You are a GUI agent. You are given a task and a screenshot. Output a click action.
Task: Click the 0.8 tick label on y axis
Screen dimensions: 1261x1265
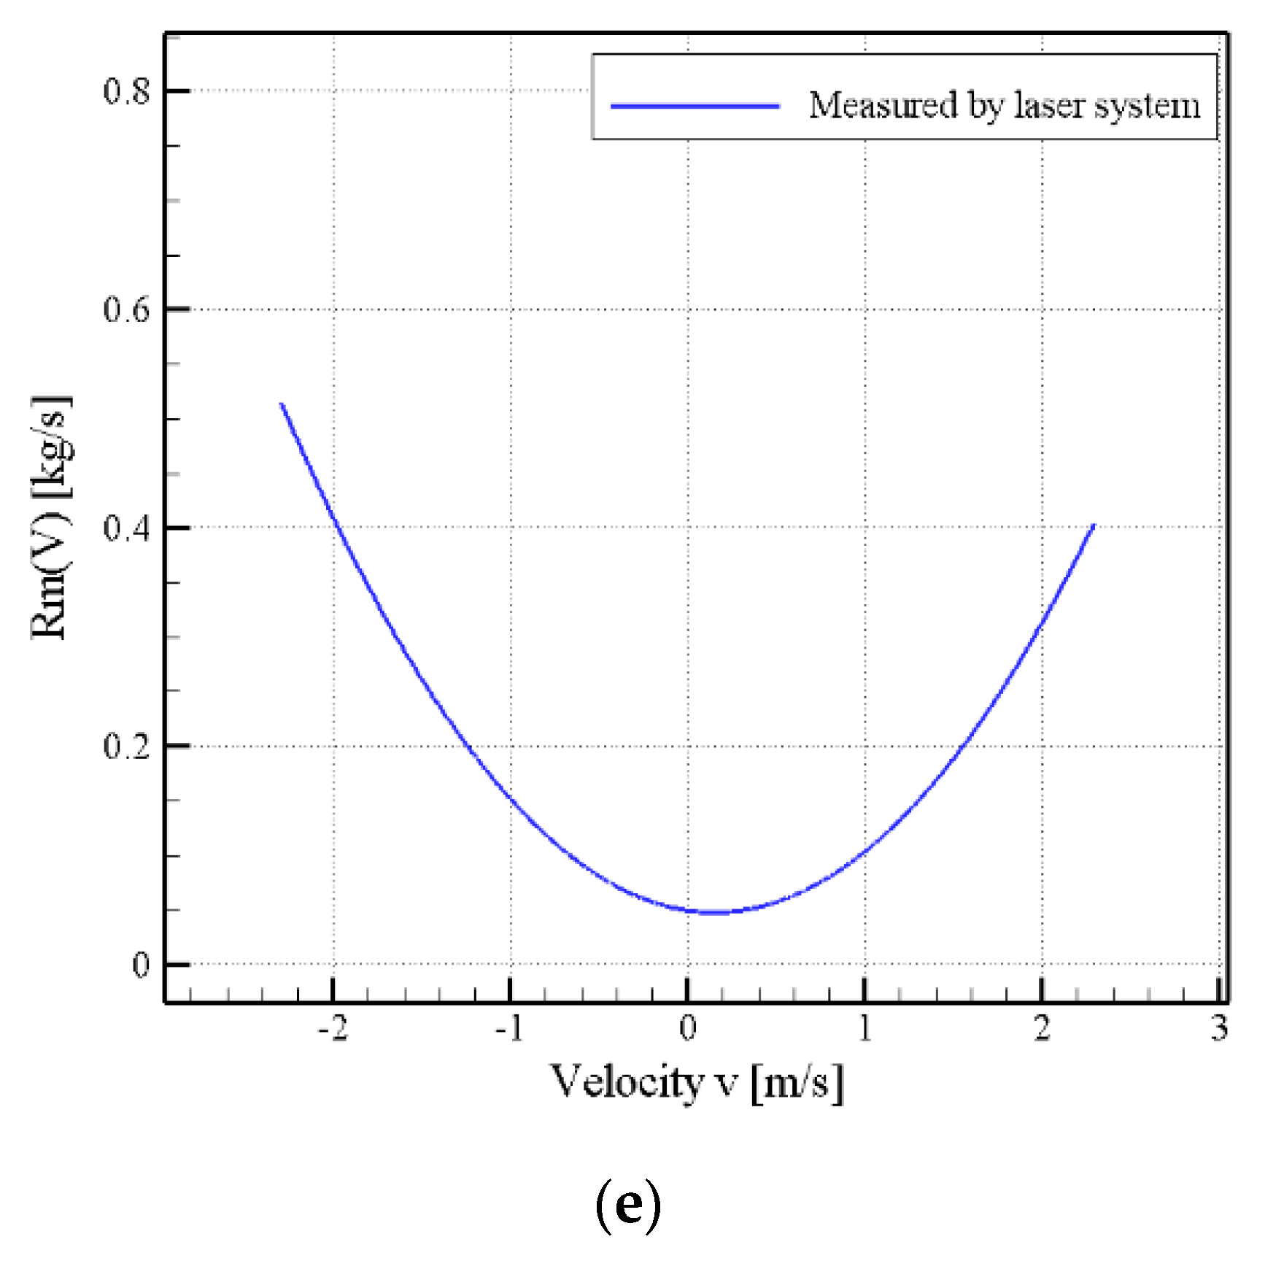[125, 92]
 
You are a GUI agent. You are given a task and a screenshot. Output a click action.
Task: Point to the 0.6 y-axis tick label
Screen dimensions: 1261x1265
[125, 309]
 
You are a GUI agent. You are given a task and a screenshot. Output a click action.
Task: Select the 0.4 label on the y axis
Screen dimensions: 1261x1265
[125, 528]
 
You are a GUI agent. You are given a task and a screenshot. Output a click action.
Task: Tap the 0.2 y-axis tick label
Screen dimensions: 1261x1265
[125, 746]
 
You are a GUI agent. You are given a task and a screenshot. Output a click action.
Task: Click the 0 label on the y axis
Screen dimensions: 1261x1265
[140, 965]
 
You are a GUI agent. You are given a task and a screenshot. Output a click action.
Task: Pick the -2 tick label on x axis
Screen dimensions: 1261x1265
[333, 1029]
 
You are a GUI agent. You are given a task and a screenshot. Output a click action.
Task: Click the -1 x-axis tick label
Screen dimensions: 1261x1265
[509, 1029]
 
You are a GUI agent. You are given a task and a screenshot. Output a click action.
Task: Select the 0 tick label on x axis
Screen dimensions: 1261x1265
[687, 1029]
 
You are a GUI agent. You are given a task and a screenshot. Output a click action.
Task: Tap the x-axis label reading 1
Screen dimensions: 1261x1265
[864, 1029]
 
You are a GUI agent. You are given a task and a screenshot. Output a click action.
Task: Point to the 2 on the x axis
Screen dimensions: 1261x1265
[1042, 1029]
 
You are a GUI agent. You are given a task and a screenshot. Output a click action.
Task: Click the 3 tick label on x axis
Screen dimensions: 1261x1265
[1219, 1029]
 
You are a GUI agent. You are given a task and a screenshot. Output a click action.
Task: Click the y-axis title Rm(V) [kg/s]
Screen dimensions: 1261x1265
[51, 518]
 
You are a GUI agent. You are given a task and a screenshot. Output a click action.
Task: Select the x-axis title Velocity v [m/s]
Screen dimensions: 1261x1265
[697, 1083]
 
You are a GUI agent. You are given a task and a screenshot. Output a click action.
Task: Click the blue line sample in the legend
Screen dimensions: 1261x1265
[695, 107]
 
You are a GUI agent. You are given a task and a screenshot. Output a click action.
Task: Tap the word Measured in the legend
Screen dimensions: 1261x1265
[883, 106]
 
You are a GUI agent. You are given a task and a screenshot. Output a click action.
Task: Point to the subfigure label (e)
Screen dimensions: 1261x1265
[628, 1206]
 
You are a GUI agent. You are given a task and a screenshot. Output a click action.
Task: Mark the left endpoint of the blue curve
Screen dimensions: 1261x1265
[281, 404]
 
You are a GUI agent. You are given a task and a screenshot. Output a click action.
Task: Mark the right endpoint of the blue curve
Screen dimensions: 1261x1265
[1094, 525]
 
